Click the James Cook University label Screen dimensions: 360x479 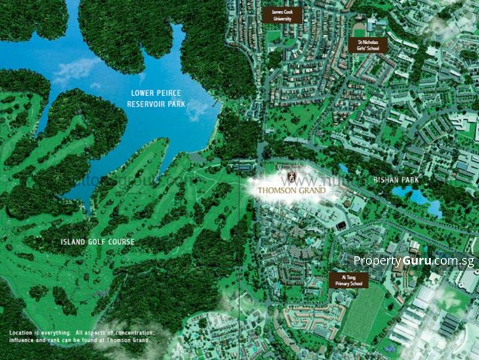[x=281, y=15]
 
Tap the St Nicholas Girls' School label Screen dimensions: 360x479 [x=367, y=46]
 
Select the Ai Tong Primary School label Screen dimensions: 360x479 [x=348, y=280]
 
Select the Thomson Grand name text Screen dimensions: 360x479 [x=292, y=190]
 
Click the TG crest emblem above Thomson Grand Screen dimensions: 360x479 [x=292, y=177]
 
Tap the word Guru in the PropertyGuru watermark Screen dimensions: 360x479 [x=419, y=261]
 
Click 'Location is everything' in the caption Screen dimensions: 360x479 [x=35, y=332]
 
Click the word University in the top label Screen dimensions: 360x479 [x=281, y=19]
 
